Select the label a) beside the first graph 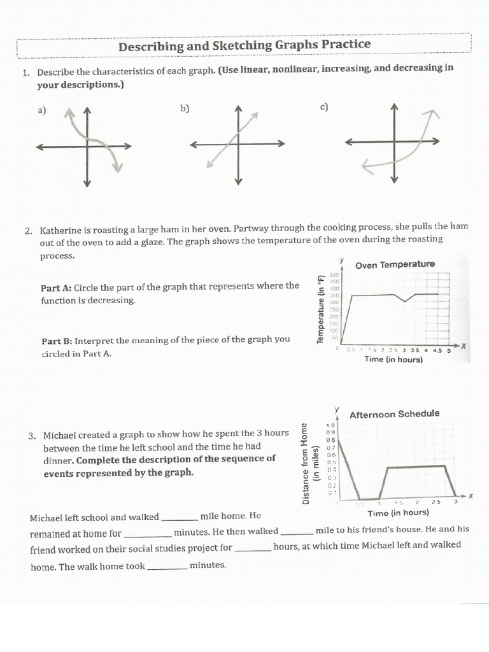[42, 110]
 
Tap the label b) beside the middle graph [185, 108]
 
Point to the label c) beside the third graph [323, 106]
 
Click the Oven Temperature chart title [395, 264]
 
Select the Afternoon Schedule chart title [394, 414]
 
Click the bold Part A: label [56, 287]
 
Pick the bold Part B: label [57, 340]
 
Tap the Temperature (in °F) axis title [321, 309]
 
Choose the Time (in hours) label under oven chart [393, 359]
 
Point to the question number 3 [32, 436]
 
